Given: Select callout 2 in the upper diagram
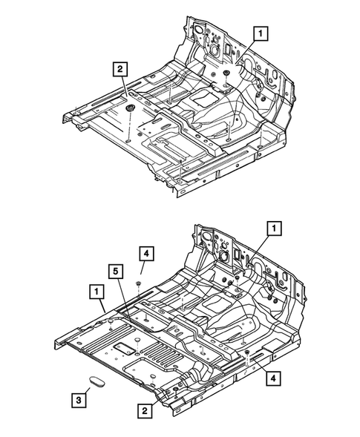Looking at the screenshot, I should coord(118,69).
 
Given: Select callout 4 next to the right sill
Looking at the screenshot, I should coord(274,377).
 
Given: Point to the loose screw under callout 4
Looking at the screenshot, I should coord(139,284).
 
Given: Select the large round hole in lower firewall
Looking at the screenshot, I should coord(221,253).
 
